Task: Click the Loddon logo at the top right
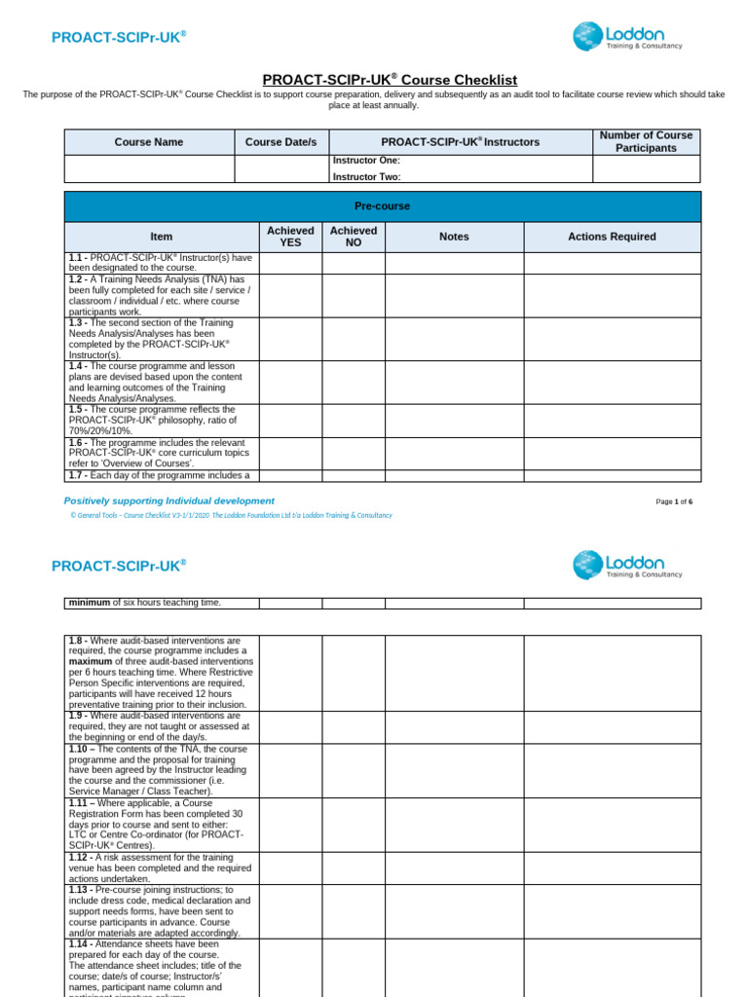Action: pos(627,37)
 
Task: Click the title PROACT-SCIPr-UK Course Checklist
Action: pos(390,80)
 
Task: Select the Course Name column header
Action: pos(149,142)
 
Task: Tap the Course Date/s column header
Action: pos(280,142)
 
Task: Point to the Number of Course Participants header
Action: pos(646,142)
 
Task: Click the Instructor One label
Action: pos(366,161)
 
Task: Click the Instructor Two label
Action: pos(366,177)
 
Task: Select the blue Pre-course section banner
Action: pos(382,206)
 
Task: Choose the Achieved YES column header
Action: pos(290,237)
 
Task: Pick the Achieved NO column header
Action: pos(353,237)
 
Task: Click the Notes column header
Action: pos(454,237)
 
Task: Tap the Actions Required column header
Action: pos(612,237)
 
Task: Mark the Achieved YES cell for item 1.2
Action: pos(290,295)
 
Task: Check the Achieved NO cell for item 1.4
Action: pos(353,382)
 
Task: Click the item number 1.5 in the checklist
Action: pos(79,410)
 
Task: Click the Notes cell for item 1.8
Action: pos(454,673)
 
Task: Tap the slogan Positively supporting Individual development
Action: pos(168,500)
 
